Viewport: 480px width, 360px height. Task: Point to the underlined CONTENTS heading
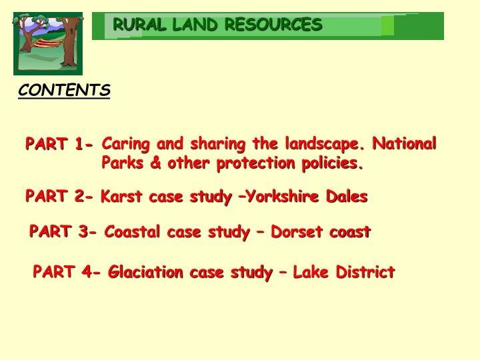(x=64, y=91)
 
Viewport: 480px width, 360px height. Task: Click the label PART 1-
(x=59, y=144)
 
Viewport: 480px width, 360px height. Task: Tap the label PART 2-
(x=59, y=197)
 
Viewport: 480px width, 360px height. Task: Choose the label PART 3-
(x=63, y=232)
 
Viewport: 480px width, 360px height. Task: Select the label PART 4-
(x=67, y=272)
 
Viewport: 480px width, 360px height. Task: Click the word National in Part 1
(x=404, y=144)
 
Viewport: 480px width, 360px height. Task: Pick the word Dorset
(x=298, y=232)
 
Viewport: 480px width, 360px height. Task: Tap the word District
(x=365, y=272)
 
